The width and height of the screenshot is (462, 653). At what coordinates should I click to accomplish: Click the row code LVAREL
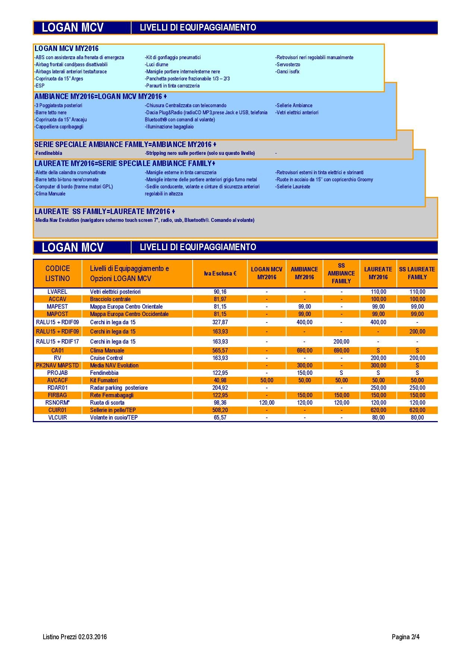pyautogui.click(x=57, y=292)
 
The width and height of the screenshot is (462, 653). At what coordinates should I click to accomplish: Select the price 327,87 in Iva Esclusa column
pyautogui.click(x=220, y=322)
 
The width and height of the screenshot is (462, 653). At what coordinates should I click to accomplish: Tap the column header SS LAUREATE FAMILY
pyautogui.click(x=417, y=273)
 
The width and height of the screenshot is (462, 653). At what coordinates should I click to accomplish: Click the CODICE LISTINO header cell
pyautogui.click(x=57, y=273)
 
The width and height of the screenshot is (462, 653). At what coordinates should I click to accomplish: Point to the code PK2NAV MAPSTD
pyautogui.click(x=57, y=365)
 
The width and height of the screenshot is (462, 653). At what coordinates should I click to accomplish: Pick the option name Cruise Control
pyautogui.click(x=106, y=358)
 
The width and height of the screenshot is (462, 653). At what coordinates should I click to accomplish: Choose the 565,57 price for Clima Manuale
pyautogui.click(x=220, y=350)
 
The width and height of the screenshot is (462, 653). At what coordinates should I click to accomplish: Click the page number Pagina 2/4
pyautogui.click(x=405, y=637)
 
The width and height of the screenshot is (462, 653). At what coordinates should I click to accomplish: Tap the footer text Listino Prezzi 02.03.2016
pyautogui.click(x=75, y=637)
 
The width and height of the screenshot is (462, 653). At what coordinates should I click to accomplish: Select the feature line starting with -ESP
pyautogui.click(x=39, y=86)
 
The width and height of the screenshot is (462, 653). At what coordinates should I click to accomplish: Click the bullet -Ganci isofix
pyautogui.click(x=287, y=71)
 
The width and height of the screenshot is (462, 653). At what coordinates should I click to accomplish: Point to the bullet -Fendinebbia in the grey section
pyautogui.click(x=48, y=153)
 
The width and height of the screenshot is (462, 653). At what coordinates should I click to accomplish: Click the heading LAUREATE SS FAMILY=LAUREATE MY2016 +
pyautogui.click(x=105, y=211)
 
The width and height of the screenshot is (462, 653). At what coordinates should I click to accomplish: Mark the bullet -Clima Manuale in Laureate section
pyautogui.click(x=50, y=194)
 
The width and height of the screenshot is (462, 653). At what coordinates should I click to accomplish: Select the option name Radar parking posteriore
pyautogui.click(x=119, y=388)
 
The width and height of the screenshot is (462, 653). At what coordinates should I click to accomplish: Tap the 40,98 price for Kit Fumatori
pyautogui.click(x=220, y=380)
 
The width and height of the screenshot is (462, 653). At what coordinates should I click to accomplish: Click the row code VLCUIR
pyautogui.click(x=57, y=417)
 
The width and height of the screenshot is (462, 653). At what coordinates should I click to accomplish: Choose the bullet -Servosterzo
pyautogui.click(x=288, y=64)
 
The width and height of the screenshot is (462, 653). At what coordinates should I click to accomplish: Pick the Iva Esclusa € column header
pyautogui.click(x=220, y=273)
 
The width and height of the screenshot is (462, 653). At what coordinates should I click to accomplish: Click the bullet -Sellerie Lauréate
pyautogui.click(x=293, y=187)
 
